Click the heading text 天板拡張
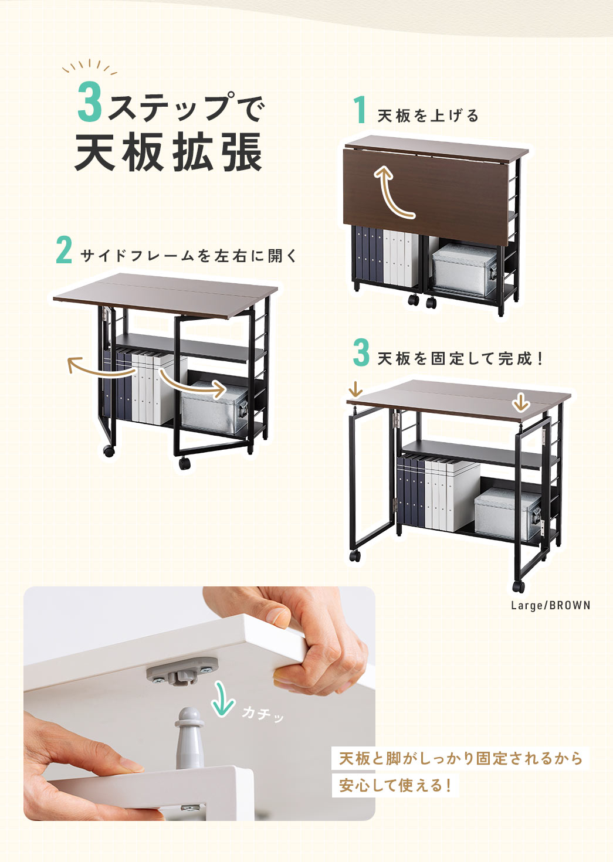click(x=169, y=152)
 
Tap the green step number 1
click(x=360, y=110)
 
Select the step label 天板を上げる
click(x=428, y=116)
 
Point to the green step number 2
click(x=64, y=250)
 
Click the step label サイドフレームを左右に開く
click(x=189, y=256)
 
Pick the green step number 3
click(x=361, y=353)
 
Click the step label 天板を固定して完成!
click(x=461, y=358)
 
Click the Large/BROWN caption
click(x=550, y=605)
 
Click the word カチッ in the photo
click(x=262, y=714)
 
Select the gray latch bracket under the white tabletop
click(x=182, y=671)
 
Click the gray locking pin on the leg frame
click(x=189, y=736)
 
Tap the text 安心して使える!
click(x=395, y=785)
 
